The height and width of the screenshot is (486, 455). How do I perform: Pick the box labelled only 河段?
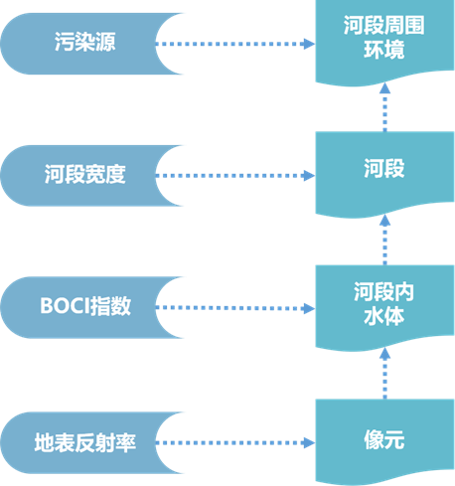tap(381, 171)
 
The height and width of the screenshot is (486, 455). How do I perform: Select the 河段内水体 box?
tap(381, 303)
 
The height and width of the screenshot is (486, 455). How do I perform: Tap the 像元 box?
tap(381, 437)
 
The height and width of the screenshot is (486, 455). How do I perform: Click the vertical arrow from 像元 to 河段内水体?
tap(382, 372)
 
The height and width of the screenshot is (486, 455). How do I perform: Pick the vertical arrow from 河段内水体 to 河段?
tap(382, 240)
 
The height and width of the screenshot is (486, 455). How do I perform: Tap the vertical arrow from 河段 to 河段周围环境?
tap(382, 107)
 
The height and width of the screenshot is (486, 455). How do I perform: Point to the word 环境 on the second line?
tap(381, 51)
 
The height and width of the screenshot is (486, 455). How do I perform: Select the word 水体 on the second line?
tap(381, 316)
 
